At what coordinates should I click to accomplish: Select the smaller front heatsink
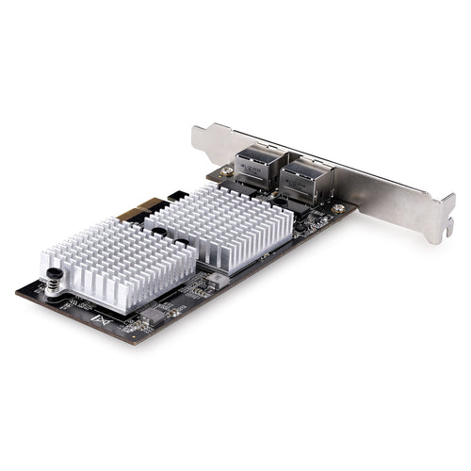(118, 262)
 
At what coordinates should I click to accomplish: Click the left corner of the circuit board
(17, 290)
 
